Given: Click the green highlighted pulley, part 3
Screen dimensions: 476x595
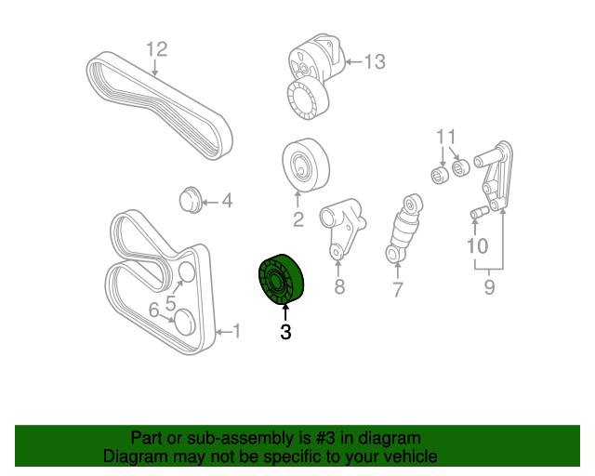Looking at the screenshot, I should click(x=281, y=278).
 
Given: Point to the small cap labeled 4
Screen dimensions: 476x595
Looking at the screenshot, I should click(x=190, y=199).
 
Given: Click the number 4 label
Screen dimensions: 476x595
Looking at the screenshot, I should click(x=226, y=201).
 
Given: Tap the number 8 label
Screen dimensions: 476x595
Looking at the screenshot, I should click(x=339, y=287).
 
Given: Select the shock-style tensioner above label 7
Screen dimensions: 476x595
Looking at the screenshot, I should click(x=405, y=230).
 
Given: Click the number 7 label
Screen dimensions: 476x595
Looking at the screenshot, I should click(x=398, y=290).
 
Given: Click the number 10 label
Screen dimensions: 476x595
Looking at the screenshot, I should click(x=477, y=246).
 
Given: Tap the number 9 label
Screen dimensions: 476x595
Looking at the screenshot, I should click(x=490, y=287).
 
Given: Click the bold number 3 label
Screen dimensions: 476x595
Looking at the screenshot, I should click(x=285, y=332).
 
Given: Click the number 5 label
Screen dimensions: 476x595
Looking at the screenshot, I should click(x=172, y=302).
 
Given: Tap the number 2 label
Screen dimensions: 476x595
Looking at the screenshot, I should click(x=298, y=220).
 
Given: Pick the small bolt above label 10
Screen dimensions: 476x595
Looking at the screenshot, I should click(x=478, y=215).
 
